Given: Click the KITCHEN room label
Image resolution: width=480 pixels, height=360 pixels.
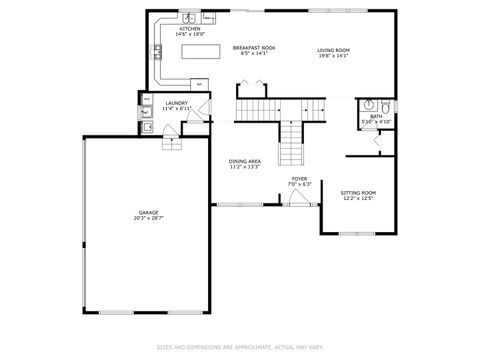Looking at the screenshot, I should [x=189, y=29].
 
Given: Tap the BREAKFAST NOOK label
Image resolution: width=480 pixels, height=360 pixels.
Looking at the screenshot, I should [x=255, y=47].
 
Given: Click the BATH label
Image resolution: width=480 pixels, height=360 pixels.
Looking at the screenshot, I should [x=375, y=116].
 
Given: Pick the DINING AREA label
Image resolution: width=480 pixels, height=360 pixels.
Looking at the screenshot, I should [x=244, y=160].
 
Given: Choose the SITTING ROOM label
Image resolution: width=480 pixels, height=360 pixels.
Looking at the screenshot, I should [x=357, y=192].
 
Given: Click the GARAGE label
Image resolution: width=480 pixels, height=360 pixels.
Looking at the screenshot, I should [x=148, y=211].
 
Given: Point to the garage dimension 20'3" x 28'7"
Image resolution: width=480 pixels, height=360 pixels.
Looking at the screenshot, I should [x=148, y=217].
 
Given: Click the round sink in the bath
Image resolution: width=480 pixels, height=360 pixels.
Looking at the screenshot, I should [x=368, y=104].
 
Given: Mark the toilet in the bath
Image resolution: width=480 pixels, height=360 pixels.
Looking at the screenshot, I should [x=385, y=104].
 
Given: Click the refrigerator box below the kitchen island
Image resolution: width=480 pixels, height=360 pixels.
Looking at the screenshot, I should [x=200, y=84].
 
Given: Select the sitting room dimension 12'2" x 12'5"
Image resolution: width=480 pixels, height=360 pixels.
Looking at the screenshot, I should [x=357, y=198].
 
